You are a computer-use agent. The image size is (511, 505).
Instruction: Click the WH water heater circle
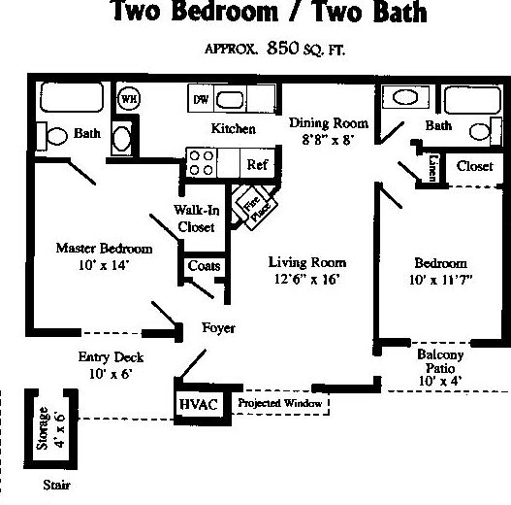click(x=127, y=98)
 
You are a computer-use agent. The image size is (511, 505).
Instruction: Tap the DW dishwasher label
click(x=201, y=98)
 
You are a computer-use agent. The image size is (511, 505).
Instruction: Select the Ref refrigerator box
click(x=256, y=164)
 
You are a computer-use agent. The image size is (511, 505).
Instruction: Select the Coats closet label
click(x=204, y=266)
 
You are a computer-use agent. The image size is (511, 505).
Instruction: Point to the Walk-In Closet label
click(x=196, y=219)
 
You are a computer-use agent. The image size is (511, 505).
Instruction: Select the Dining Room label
click(x=329, y=123)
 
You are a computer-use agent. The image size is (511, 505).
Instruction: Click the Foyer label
click(x=218, y=328)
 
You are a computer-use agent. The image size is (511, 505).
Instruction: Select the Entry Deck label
click(x=105, y=356)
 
